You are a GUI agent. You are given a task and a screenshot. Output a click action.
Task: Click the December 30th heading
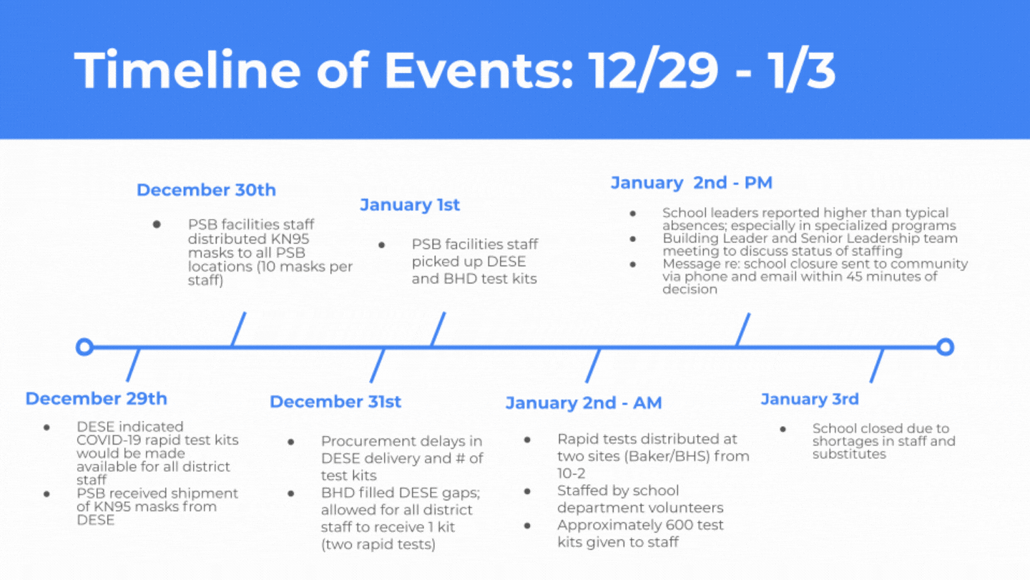(x=206, y=190)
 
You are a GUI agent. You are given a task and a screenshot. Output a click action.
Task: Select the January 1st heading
(x=410, y=205)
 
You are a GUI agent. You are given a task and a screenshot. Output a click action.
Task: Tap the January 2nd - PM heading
(x=692, y=183)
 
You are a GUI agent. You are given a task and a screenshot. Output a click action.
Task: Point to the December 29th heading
(x=96, y=399)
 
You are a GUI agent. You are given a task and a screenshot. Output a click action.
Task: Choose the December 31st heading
(x=335, y=402)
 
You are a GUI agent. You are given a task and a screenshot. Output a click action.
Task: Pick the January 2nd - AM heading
(x=584, y=403)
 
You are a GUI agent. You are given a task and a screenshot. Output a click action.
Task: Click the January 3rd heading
(x=810, y=399)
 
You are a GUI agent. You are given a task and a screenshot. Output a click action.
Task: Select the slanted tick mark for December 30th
(x=238, y=329)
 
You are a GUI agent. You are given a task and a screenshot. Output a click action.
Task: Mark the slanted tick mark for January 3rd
(x=877, y=365)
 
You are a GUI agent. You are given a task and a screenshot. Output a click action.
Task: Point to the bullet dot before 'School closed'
(x=783, y=429)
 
